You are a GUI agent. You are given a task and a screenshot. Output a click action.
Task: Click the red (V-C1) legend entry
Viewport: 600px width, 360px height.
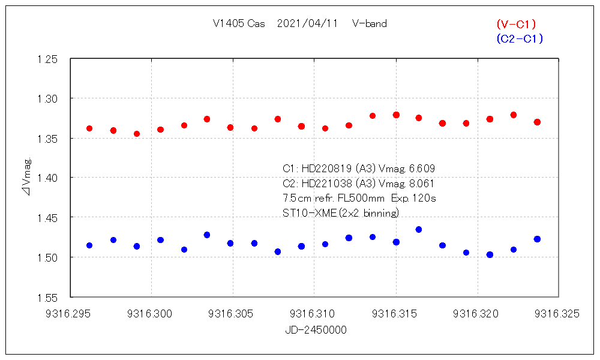(x=516, y=24)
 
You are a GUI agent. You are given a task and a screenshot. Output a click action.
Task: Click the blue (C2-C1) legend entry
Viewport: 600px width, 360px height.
(x=520, y=38)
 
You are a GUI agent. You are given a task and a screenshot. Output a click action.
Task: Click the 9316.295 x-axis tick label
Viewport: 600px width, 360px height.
(x=70, y=313)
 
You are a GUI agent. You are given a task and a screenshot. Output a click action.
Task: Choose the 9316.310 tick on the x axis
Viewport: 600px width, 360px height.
(x=314, y=313)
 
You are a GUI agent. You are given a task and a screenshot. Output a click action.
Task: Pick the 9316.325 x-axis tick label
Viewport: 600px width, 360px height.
(x=559, y=313)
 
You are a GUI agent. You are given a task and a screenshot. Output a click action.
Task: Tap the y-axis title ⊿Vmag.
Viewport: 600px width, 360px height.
(x=26, y=178)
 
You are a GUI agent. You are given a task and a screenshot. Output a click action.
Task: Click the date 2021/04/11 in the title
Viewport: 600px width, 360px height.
(x=308, y=24)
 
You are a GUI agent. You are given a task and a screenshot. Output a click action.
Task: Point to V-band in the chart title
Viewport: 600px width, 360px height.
(x=370, y=24)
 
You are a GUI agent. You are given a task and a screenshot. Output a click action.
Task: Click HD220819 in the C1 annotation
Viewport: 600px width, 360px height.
(x=326, y=168)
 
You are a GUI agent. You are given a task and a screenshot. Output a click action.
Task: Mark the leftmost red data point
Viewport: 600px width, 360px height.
(x=89, y=128)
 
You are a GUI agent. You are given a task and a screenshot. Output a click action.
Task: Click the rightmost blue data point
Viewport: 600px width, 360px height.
(x=537, y=239)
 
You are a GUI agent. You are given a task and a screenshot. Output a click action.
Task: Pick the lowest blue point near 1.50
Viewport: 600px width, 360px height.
(x=490, y=254)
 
